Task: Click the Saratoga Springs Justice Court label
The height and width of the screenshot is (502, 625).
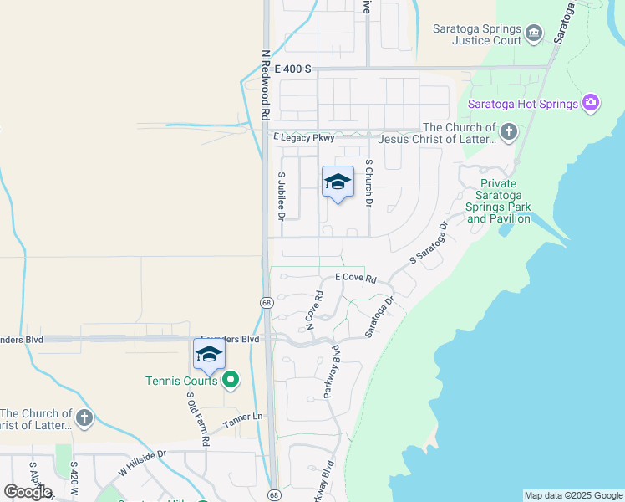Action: point(476,33)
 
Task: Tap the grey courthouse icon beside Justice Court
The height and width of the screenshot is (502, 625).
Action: point(534,34)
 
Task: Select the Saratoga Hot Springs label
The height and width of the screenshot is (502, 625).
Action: point(523,104)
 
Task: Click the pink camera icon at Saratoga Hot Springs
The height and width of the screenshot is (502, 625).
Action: point(591,103)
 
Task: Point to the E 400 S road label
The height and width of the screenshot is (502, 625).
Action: point(292,69)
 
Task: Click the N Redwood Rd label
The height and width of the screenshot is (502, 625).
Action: point(266,84)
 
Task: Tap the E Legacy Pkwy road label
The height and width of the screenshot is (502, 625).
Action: point(303,136)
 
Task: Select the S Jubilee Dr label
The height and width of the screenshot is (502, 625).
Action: point(282,196)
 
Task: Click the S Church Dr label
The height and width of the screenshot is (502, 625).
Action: point(368,182)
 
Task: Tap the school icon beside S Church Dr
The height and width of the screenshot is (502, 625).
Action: point(338,182)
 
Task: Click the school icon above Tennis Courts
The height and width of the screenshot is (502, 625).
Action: point(209,355)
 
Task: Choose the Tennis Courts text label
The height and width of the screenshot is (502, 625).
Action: point(181,381)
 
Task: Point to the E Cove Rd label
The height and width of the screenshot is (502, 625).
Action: point(356,278)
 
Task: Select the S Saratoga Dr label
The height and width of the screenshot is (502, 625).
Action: point(429,243)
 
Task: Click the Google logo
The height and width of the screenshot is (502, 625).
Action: point(28,492)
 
